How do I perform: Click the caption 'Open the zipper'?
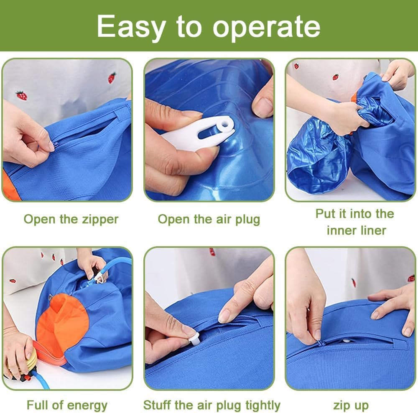[x=71, y=219]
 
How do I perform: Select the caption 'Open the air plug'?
[x=209, y=219]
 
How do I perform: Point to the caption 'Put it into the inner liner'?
[x=354, y=222]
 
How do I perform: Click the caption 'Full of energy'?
[x=67, y=405]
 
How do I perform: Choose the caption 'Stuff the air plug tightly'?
[x=212, y=405]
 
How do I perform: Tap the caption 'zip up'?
[x=351, y=405]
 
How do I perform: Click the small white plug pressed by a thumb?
[x=193, y=336]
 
